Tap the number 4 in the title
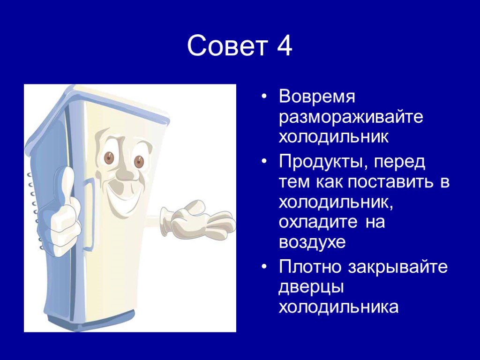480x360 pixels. [x=284, y=45]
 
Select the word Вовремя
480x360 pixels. [x=317, y=97]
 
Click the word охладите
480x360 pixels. [x=318, y=222]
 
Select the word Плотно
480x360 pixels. [x=310, y=266]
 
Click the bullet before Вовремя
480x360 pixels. [x=264, y=97]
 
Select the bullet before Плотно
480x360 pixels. [x=264, y=267]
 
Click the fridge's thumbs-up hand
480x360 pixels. [x=64, y=211]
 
